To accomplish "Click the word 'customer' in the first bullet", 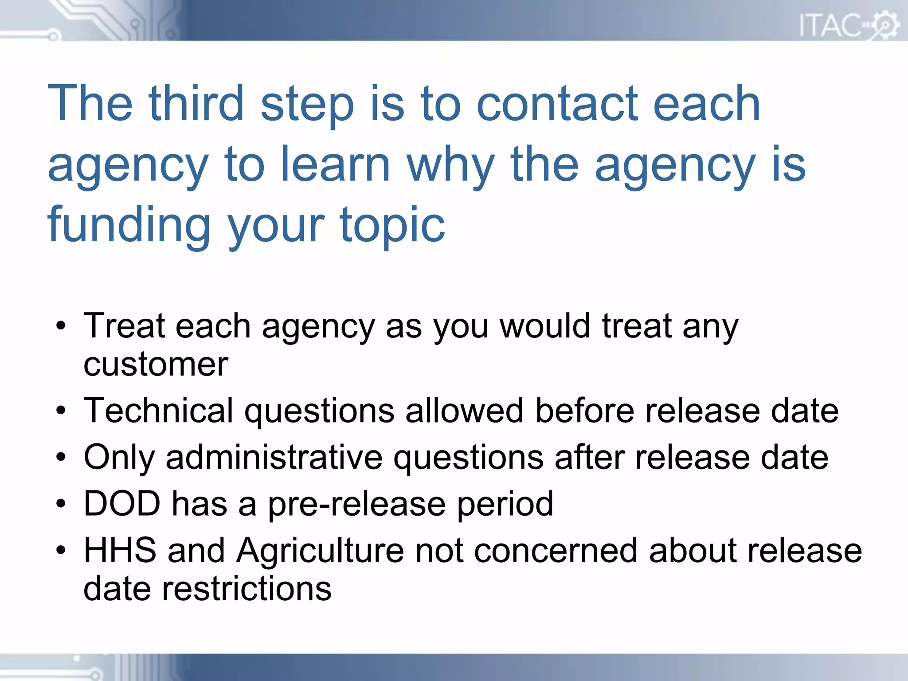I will [x=156, y=364].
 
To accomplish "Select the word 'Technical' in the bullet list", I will [x=158, y=411].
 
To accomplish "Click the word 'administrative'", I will [x=274, y=457].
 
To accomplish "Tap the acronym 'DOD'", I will [x=122, y=504].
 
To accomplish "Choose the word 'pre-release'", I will [x=356, y=505].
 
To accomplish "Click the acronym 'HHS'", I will [x=120, y=550].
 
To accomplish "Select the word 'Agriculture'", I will [x=320, y=551].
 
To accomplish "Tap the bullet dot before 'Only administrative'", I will [x=61, y=458].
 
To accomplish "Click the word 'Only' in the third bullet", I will [x=119, y=458].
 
